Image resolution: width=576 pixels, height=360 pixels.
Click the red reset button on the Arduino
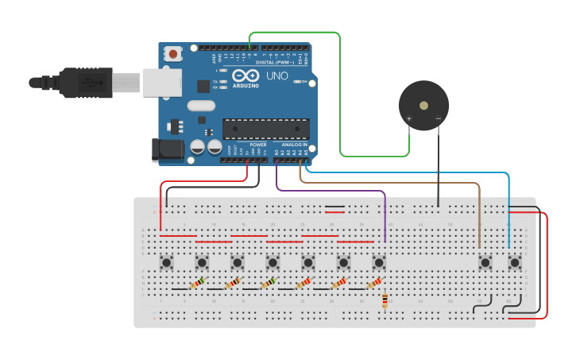(172, 54)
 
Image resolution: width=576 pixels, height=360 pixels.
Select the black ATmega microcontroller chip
(265, 128)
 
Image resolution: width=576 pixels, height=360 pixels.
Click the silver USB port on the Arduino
(162, 82)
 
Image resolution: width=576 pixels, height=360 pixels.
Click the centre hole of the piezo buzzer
(423, 104)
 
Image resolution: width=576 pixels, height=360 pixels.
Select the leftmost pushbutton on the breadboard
(167, 261)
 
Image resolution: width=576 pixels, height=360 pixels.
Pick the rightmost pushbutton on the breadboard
(514, 261)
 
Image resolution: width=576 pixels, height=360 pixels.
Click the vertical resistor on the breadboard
(385, 300)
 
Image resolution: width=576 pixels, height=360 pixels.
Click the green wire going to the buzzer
(341, 95)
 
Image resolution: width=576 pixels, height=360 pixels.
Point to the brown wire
(397, 184)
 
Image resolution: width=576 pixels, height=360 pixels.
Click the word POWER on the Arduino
(258, 145)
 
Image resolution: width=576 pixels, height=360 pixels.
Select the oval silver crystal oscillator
(202, 106)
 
